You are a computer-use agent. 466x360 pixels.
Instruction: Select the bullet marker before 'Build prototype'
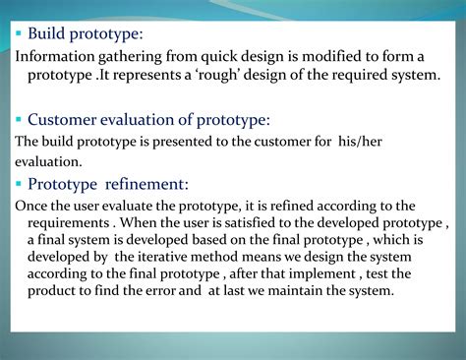[19, 34]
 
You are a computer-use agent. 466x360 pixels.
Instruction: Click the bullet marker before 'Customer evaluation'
[19, 120]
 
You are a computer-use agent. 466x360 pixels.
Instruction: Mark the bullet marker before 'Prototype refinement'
[19, 183]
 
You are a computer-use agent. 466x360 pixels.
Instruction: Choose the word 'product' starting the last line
[53, 291]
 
